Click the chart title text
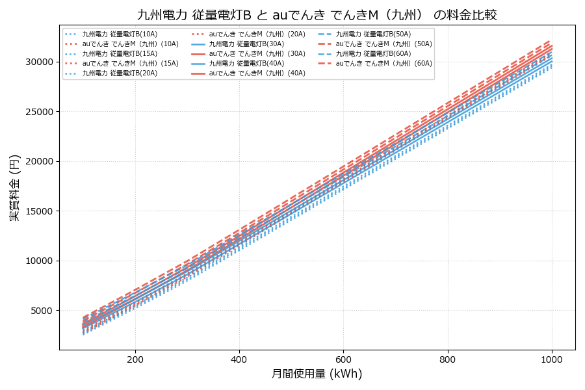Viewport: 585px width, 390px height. coord(317,14)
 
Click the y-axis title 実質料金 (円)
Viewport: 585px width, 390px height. coord(14,187)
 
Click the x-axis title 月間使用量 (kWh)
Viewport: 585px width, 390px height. coord(317,374)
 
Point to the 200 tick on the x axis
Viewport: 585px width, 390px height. coord(135,359)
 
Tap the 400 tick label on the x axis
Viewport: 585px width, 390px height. coord(239,359)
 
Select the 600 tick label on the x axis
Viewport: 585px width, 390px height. coord(343,359)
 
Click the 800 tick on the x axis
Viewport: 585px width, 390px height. coord(448,359)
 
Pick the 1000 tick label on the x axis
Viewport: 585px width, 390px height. coord(552,359)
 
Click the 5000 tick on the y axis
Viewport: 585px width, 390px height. coord(40,311)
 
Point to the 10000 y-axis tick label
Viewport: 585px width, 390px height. coord(38,261)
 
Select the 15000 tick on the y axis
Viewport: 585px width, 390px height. coord(38,211)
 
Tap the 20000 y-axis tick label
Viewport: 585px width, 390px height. coord(38,161)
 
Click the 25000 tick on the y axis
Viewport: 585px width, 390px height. coord(38,111)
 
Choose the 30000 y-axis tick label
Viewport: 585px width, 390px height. coord(38,62)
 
